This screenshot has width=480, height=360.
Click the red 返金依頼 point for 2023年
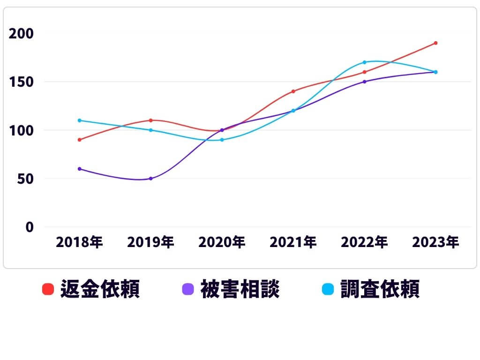click(x=435, y=43)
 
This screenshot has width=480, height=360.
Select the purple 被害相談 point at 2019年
click(x=150, y=179)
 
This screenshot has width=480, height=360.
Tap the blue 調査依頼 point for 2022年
click(x=364, y=62)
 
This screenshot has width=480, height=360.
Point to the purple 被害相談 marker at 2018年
click(x=79, y=169)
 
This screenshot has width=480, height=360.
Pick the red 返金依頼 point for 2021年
click(x=293, y=91)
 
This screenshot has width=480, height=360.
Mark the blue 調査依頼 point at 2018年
click(x=79, y=120)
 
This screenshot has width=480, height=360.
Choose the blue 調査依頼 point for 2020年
click(x=222, y=140)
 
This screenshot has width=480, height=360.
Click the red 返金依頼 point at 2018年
click(x=79, y=140)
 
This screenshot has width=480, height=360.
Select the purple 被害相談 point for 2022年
click(x=364, y=82)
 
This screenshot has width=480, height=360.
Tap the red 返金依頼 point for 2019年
click(x=150, y=120)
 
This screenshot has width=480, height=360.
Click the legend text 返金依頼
click(x=100, y=289)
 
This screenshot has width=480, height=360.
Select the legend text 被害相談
click(x=240, y=289)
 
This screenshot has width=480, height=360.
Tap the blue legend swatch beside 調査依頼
click(x=328, y=289)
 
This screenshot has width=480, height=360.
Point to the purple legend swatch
click(x=187, y=289)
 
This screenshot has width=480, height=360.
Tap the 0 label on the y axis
click(x=30, y=227)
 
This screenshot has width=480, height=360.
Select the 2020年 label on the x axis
click(x=222, y=242)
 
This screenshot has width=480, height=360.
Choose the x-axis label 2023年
click(x=435, y=242)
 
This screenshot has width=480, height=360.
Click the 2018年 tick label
click(x=79, y=242)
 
